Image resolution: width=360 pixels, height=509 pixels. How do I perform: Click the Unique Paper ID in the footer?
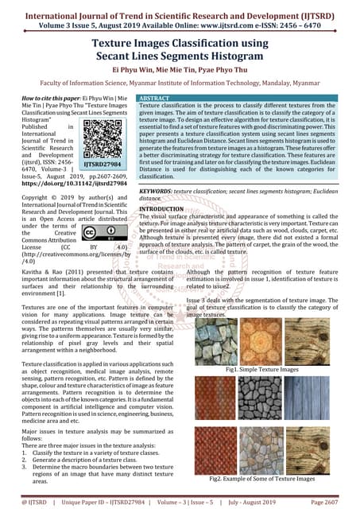coord(102,503)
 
